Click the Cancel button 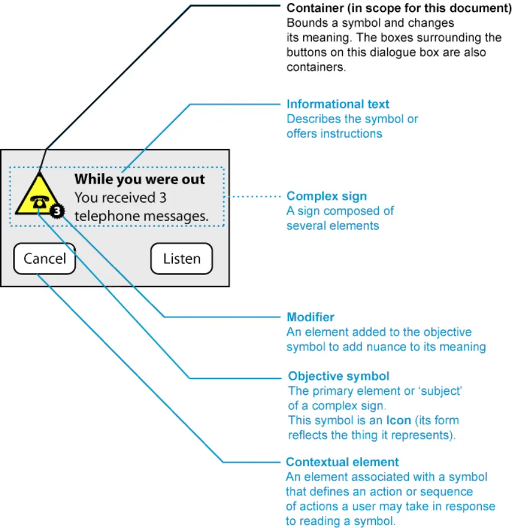point(44,259)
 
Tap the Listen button point(181,259)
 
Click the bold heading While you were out point(140,179)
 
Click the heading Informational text point(338,104)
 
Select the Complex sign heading point(327,196)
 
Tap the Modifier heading point(311,317)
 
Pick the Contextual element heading point(342,462)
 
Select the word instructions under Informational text point(352,133)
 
